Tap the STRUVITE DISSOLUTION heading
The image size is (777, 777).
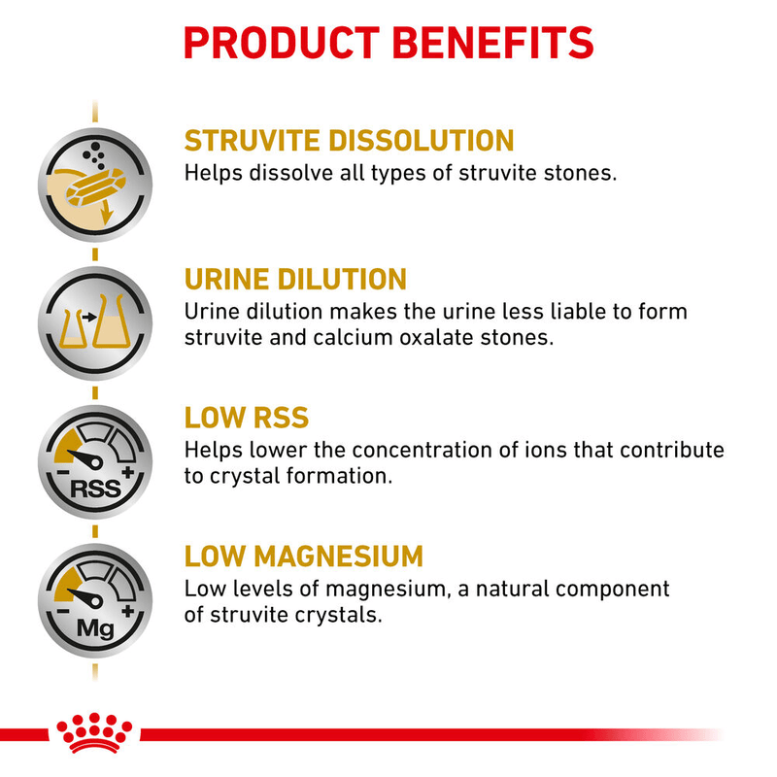(349, 140)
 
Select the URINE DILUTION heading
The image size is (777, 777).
(295, 280)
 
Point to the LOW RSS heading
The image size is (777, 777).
(247, 418)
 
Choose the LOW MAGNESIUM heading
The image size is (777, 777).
(304, 557)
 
